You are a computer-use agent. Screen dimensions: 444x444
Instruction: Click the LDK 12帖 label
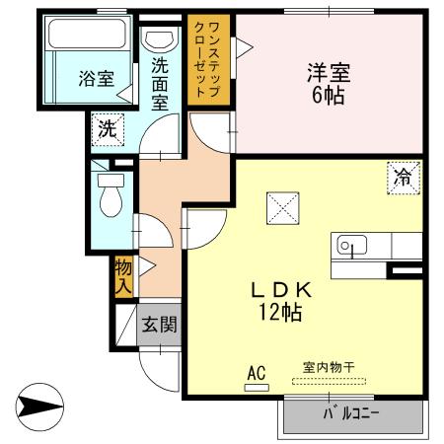click(x=281, y=300)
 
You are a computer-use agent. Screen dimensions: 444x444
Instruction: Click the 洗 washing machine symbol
click(x=108, y=127)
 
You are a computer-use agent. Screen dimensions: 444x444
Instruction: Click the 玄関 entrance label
click(x=158, y=324)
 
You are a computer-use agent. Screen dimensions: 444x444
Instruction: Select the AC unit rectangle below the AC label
click(x=257, y=387)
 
